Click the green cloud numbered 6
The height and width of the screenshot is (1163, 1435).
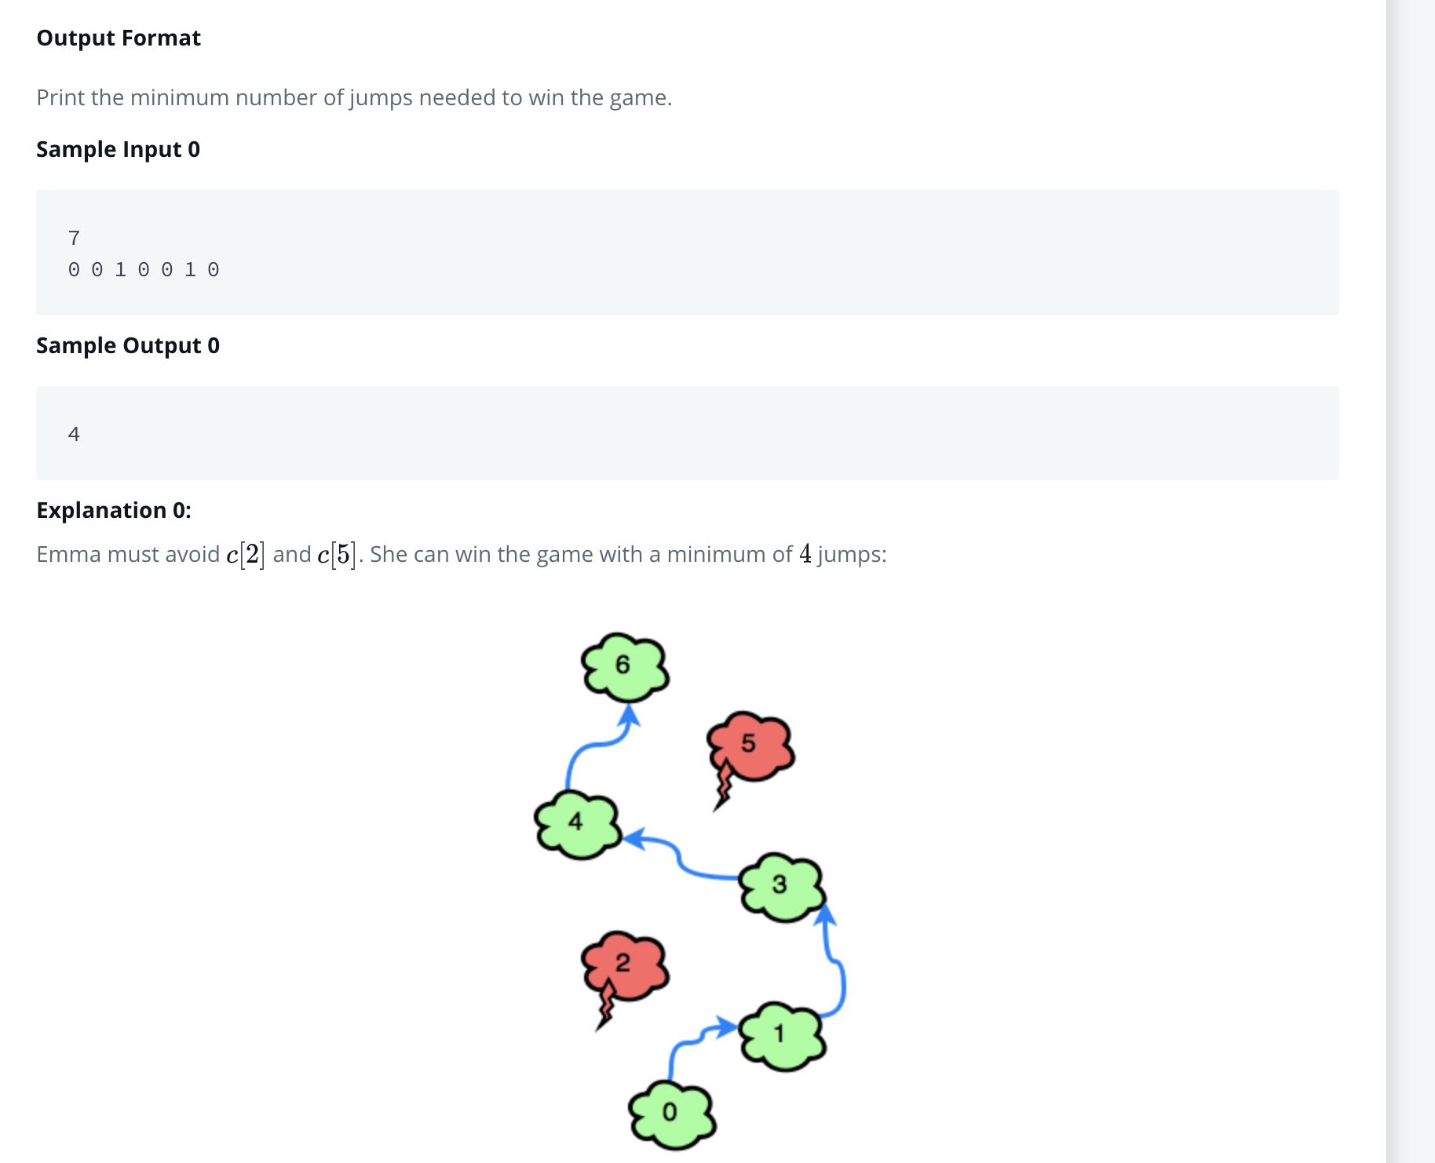(625, 666)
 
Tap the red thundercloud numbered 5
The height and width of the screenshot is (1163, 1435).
(750, 744)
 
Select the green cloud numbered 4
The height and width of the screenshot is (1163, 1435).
(578, 824)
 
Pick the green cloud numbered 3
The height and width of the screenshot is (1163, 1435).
(782, 886)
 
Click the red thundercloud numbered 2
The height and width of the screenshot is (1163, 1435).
(625, 964)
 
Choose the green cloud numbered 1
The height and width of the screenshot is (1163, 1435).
(782, 1035)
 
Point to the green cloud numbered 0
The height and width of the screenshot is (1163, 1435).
(672, 1114)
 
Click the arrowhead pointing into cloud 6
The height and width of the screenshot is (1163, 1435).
(630, 716)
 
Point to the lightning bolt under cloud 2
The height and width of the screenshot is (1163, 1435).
(605, 1007)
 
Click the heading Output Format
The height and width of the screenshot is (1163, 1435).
(119, 38)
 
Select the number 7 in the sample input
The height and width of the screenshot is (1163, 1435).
(74, 238)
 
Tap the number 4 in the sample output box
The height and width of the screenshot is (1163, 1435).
(74, 434)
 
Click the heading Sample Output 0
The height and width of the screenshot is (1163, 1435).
(128, 345)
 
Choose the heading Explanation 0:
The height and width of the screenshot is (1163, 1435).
(114, 510)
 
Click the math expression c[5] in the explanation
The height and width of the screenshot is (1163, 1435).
(336, 555)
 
